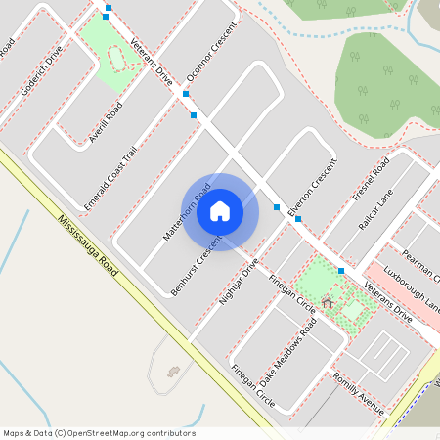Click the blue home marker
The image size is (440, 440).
point(220,210)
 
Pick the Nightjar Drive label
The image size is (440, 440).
point(239,283)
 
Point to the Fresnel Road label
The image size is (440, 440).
point(370,180)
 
